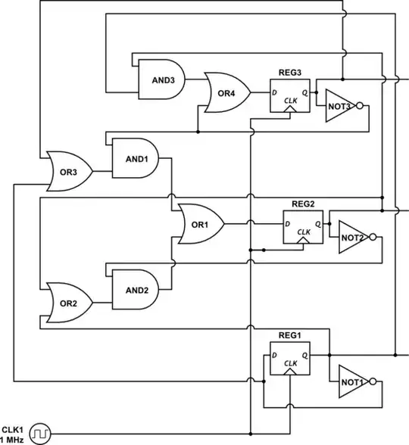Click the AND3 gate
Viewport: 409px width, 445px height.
click(161, 79)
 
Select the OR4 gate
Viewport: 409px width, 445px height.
click(228, 92)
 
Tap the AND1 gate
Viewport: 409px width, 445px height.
click(135, 158)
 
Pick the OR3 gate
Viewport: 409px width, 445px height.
click(70, 171)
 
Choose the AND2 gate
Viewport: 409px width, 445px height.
click(135, 289)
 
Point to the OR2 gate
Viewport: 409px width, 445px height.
click(70, 303)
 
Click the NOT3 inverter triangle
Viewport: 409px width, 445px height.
click(339, 106)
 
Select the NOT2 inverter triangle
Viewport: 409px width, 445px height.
click(353, 237)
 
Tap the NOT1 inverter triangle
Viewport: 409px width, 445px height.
click(353, 381)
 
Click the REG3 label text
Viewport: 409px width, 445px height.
click(290, 73)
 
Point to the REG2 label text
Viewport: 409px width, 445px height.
click(303, 204)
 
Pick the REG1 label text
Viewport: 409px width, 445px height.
click(290, 335)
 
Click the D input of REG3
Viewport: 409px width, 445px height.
click(274, 92)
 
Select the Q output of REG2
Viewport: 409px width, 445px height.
click(318, 224)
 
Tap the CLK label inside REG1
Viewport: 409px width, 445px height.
click(291, 363)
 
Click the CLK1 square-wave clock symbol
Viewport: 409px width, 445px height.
click(39, 434)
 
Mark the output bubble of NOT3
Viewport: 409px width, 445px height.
click(360, 106)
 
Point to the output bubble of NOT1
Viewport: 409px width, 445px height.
click(373, 381)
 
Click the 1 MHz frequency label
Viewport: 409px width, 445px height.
click(12, 440)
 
